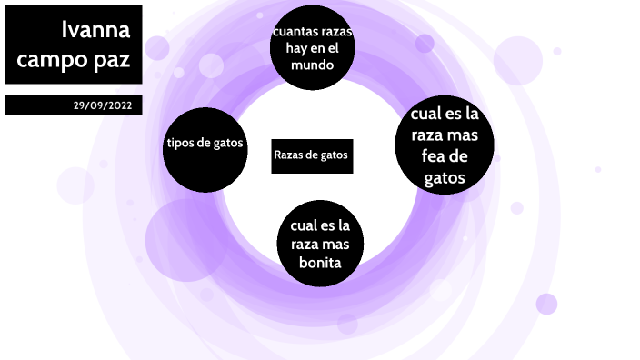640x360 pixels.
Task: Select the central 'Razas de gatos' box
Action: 311,155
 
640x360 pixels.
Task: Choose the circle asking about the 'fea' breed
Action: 445,147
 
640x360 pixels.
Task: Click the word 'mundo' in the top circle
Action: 312,66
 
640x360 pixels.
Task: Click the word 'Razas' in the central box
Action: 289,155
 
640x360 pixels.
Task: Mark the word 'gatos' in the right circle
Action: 445,178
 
